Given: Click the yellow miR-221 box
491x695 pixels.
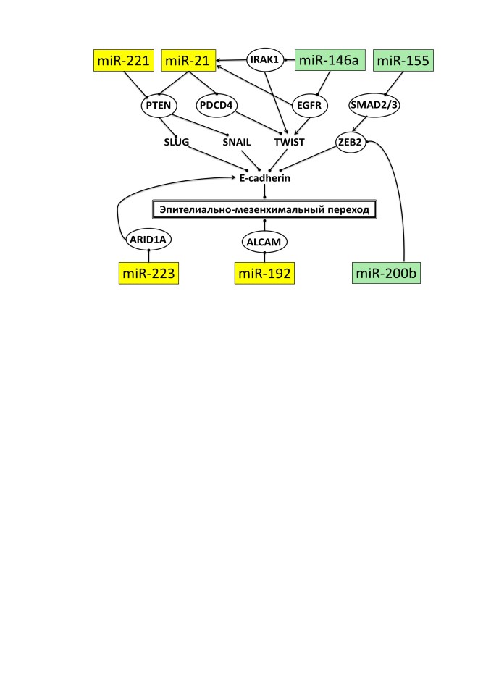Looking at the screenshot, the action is (124, 60).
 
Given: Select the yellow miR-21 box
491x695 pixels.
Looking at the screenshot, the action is (188, 60).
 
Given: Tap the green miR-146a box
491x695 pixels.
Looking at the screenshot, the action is (330, 60).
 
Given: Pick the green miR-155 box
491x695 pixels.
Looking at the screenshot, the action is (403, 60).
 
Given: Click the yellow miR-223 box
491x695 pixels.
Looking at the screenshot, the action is (148, 273).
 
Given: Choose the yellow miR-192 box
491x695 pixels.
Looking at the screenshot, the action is (264, 273).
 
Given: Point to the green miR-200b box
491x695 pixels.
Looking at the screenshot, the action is (386, 273).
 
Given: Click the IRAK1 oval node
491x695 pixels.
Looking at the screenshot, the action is (265, 59).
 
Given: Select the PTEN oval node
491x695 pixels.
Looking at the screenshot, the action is (159, 106).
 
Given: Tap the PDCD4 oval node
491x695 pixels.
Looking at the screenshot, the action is (217, 106).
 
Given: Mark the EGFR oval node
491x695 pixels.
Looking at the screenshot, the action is (310, 106).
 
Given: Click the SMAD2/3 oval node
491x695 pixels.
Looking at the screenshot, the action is (374, 105).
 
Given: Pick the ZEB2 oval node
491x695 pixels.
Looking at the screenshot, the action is (351, 142).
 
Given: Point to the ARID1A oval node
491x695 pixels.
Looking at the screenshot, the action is (148, 240).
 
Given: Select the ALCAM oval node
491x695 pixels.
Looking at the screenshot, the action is (264, 242).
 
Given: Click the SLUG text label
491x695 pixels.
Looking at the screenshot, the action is (177, 143).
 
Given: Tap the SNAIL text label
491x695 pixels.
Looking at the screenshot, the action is (237, 143).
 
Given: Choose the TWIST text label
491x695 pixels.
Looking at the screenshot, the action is (289, 143).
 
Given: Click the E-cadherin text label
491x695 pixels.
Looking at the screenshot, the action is (265, 178).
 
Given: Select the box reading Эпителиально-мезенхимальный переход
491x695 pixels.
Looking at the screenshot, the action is (264, 209).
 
